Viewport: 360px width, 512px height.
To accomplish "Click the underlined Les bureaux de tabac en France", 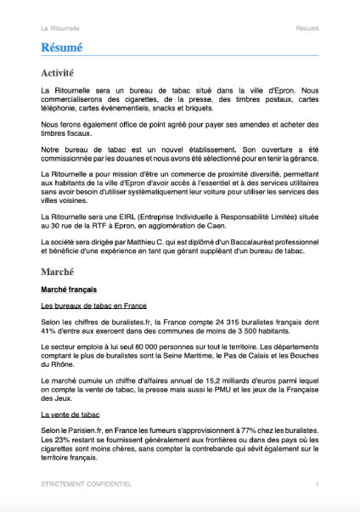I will (x=93, y=306).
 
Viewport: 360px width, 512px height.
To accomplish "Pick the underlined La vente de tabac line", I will (x=70, y=414).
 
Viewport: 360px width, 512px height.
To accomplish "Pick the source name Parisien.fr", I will (x=81, y=430).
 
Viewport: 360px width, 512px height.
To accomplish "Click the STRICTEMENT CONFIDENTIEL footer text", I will (x=86, y=484).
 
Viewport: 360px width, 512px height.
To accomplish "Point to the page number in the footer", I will (x=317, y=484).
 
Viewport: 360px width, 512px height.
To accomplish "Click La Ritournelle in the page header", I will (x=59, y=28).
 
